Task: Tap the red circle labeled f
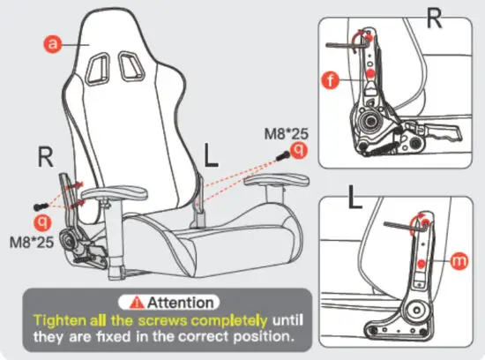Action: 331,81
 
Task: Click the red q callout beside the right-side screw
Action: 300,151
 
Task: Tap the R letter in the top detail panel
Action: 434,19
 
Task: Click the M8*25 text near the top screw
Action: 287,133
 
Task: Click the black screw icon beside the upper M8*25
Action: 282,154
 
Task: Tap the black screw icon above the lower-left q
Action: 38,198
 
